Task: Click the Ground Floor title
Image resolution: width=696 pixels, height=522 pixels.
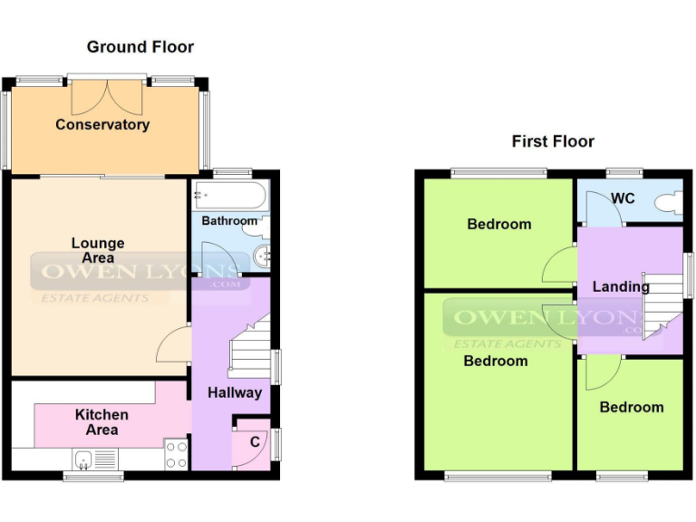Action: [140, 46]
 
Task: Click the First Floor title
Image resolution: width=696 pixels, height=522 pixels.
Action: [553, 141]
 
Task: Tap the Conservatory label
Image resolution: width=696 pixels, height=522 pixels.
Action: [102, 124]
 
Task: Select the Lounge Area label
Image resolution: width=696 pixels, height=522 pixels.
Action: [98, 251]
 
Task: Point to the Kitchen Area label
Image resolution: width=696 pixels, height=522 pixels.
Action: [101, 422]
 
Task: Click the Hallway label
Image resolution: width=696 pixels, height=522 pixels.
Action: [234, 392]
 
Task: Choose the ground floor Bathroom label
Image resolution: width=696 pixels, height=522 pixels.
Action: [229, 220]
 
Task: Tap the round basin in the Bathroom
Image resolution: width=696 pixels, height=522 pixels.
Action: [263, 255]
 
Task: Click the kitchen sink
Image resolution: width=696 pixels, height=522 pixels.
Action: [84, 461]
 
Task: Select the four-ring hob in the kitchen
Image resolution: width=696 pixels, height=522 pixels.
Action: [176, 454]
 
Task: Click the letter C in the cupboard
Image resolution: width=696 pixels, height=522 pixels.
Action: [256, 441]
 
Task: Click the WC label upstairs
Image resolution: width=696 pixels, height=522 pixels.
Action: [623, 198]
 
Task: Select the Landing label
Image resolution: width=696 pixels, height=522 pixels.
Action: [620, 286]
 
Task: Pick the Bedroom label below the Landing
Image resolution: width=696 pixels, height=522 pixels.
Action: [631, 407]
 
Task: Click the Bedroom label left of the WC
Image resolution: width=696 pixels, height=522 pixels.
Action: [498, 224]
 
